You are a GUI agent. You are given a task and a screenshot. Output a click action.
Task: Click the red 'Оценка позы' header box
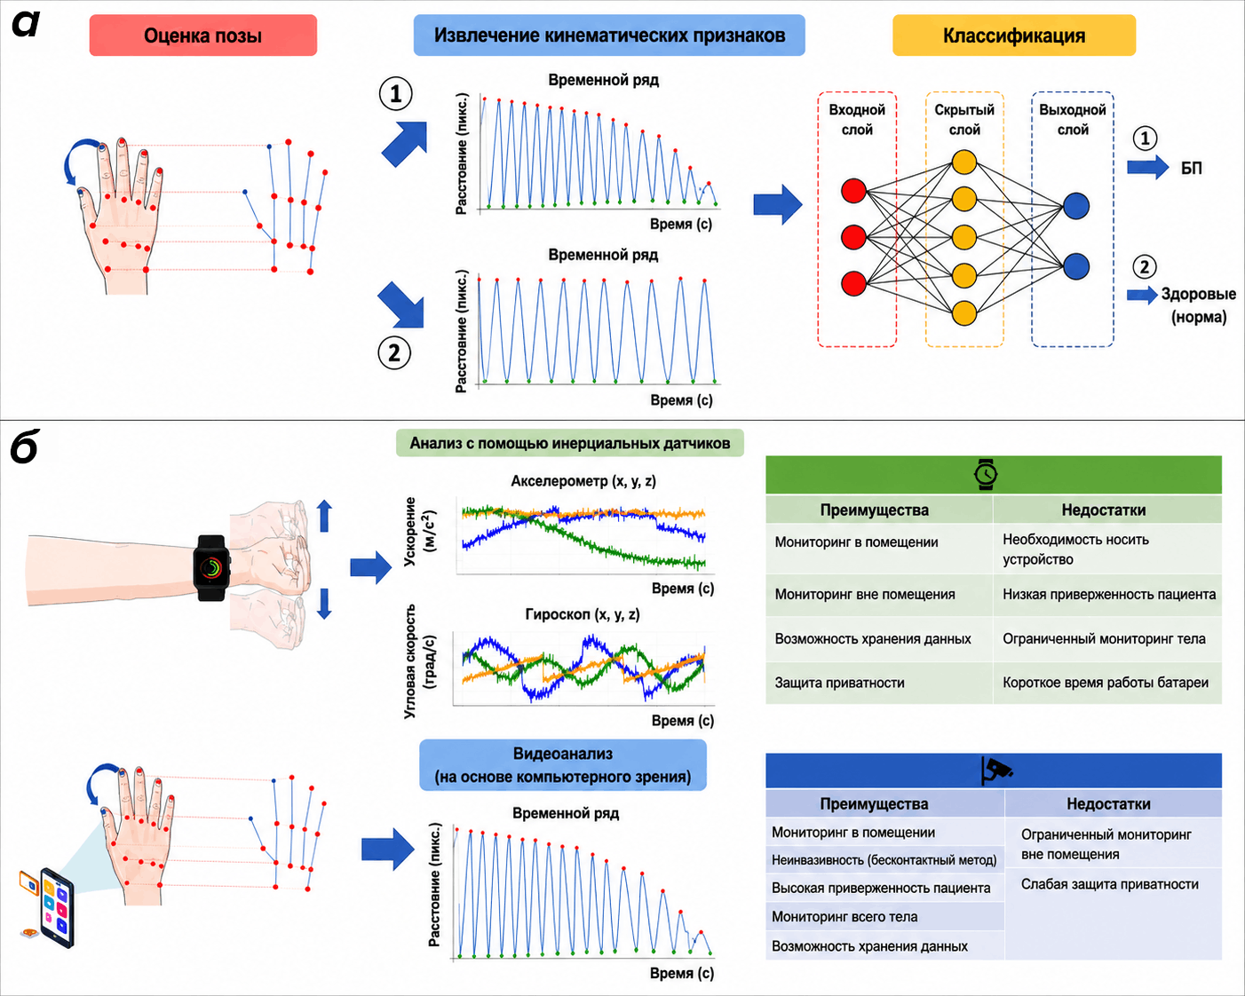(x=203, y=36)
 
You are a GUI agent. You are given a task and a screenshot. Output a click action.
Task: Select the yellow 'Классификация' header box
(x=1013, y=36)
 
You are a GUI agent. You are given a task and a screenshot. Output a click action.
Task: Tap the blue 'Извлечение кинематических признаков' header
(x=609, y=36)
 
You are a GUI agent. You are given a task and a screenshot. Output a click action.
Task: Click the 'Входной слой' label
(x=857, y=119)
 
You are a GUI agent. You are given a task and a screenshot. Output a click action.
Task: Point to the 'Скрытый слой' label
(x=963, y=119)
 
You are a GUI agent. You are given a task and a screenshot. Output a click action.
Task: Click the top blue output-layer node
(x=1076, y=206)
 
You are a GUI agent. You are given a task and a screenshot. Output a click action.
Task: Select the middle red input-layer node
(x=853, y=236)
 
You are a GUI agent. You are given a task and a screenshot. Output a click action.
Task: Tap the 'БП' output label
(x=1191, y=169)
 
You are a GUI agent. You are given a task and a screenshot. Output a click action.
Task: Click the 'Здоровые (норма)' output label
(x=1199, y=304)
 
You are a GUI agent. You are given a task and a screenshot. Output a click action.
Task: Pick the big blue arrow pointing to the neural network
(x=778, y=204)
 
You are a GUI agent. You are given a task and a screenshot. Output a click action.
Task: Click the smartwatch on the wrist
(x=211, y=568)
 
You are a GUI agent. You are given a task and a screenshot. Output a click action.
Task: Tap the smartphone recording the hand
(x=57, y=907)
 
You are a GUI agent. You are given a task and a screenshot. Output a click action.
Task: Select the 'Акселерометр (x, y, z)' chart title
(x=583, y=480)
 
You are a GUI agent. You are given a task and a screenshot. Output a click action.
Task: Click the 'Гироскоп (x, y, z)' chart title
(x=582, y=614)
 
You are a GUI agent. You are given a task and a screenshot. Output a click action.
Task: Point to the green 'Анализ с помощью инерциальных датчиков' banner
(x=570, y=443)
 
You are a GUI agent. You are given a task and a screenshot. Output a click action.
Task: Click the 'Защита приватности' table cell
(x=839, y=683)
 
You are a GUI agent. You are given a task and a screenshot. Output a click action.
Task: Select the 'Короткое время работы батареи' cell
(x=1106, y=683)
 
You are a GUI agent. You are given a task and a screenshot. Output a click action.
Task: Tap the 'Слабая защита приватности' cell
(x=1110, y=884)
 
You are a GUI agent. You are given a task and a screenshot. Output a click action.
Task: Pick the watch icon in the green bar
(x=986, y=474)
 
